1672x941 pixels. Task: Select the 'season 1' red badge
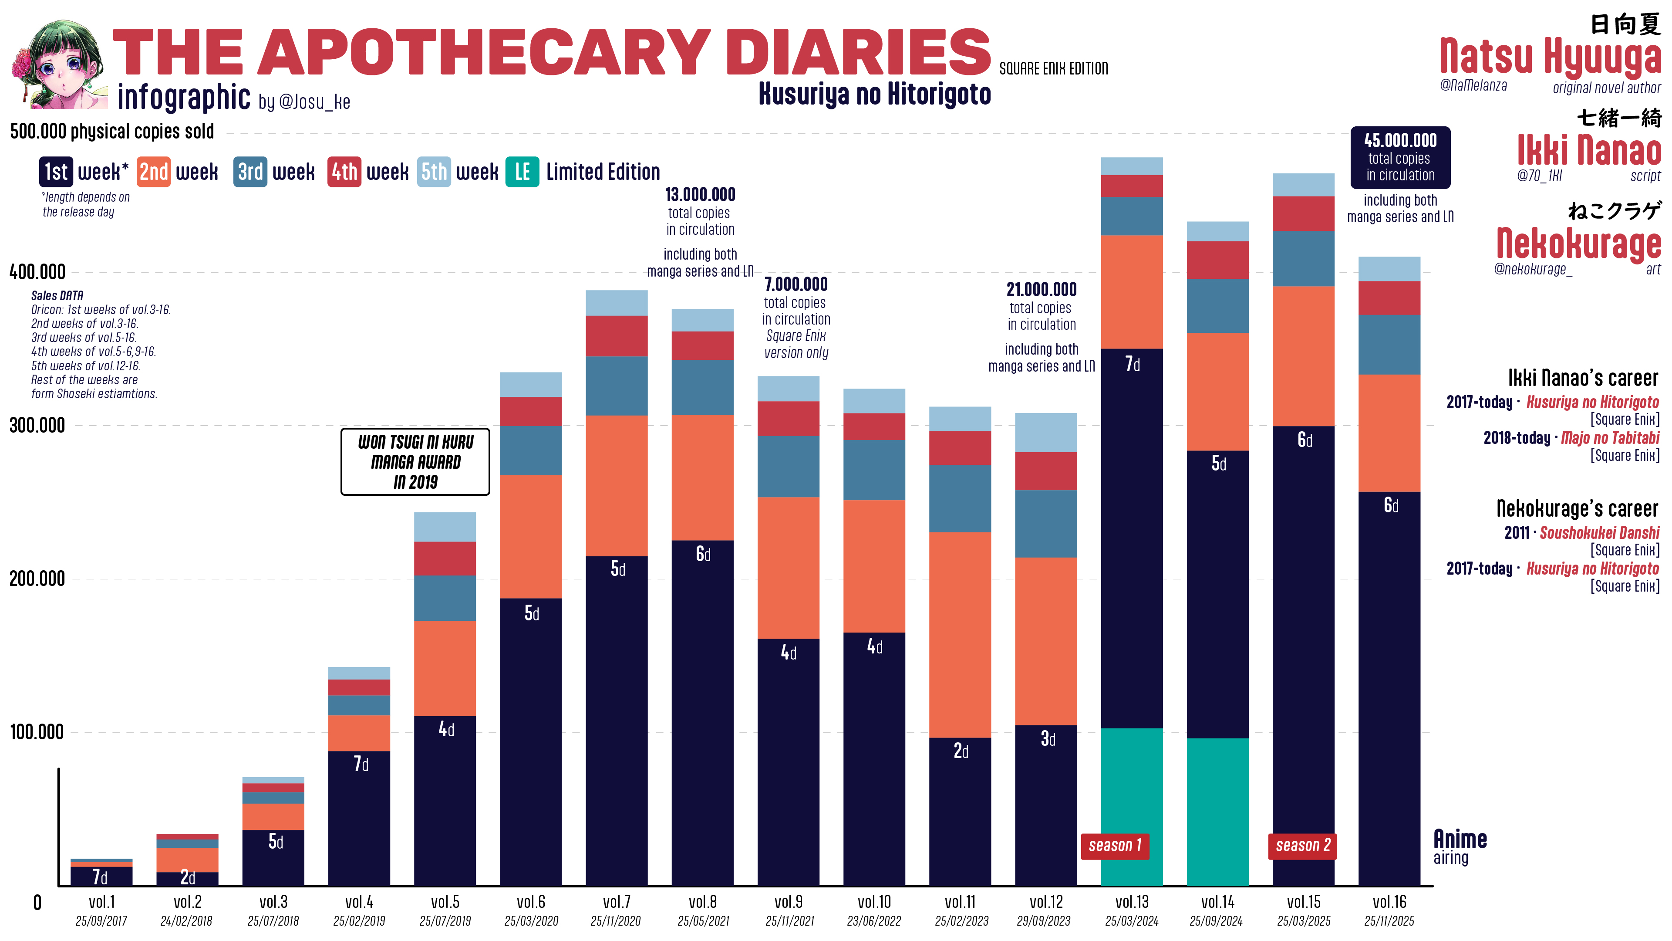(1115, 846)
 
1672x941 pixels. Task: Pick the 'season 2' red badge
(1302, 846)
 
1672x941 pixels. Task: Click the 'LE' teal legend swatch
(522, 172)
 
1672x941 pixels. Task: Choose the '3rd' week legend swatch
(250, 172)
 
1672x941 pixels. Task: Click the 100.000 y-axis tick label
(37, 732)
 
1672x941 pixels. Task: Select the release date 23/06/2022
(873, 921)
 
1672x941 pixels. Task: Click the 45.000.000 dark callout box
(1400, 158)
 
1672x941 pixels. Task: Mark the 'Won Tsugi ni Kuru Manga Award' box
(415, 462)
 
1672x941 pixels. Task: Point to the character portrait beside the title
(58, 64)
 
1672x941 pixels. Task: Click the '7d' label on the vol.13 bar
(1132, 364)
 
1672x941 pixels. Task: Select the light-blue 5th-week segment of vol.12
(1045, 433)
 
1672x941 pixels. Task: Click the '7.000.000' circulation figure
(796, 284)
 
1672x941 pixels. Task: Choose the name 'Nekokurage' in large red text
(1578, 244)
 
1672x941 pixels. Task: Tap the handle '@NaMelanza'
(1473, 85)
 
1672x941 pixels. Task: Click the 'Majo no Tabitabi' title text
(1610, 438)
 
